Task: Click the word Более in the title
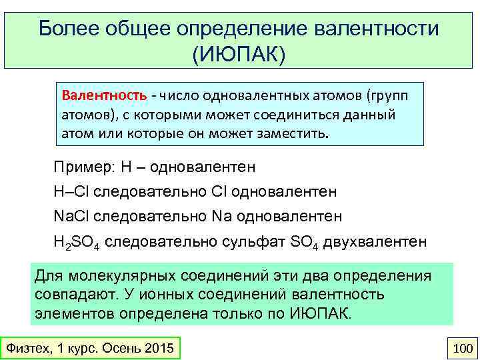click(x=67, y=29)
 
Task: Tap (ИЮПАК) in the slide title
click(x=239, y=53)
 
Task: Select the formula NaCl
click(x=72, y=217)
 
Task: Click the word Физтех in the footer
click(x=26, y=348)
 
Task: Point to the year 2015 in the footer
click(x=158, y=348)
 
